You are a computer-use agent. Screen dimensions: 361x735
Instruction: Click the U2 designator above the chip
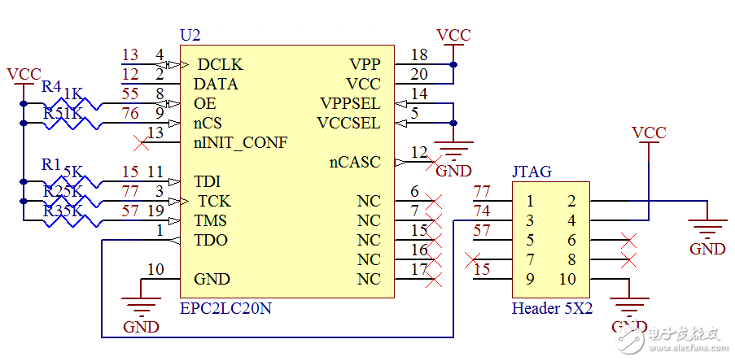pos(190,36)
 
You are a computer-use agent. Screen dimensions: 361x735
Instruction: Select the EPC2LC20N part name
pos(226,309)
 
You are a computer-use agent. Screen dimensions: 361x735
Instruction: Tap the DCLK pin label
pos(220,64)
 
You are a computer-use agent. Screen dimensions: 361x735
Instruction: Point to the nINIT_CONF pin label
pos(240,143)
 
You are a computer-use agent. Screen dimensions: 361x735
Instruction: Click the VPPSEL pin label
pos(350,103)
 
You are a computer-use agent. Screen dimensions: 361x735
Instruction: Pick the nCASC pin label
pos(355,162)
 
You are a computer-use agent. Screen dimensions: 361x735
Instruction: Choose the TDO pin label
pos(211,240)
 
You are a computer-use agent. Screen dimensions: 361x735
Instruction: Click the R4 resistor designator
pos(51,86)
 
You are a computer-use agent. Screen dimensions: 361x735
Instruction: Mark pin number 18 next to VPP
pos(419,55)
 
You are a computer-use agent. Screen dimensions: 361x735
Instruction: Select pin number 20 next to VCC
pos(419,75)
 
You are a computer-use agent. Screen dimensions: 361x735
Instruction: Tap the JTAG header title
pos(532,172)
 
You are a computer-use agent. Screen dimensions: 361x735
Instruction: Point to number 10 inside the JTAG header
pos(567,280)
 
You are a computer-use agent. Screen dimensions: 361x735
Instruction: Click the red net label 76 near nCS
pos(130,114)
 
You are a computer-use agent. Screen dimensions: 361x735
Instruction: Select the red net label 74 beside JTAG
pos(482,211)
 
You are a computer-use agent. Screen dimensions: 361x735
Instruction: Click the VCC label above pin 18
pos(453,35)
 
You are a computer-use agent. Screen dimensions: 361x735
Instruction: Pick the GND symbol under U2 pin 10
pos(141,307)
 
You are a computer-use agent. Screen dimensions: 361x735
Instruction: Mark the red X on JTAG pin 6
pos(627,241)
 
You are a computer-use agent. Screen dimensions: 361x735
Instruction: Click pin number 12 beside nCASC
pos(419,153)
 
